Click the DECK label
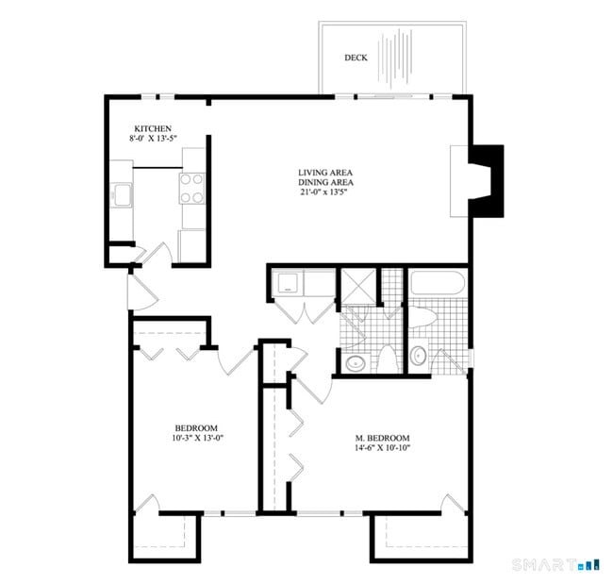click(356, 58)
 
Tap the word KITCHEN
click(153, 128)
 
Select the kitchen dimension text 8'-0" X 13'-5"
click(154, 139)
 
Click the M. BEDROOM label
click(382, 438)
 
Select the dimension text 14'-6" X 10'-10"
click(382, 448)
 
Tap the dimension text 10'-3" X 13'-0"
click(197, 438)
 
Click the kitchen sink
click(121, 196)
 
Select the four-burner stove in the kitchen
click(192, 188)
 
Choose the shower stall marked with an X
click(358, 284)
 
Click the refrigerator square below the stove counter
click(192, 245)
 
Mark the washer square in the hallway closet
click(287, 284)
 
